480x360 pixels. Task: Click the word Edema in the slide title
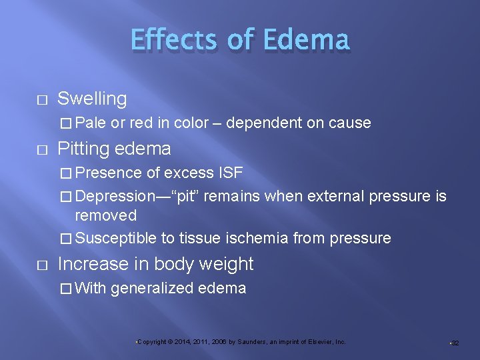pyautogui.click(x=306, y=39)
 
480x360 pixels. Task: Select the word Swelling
pyautogui.click(x=92, y=99)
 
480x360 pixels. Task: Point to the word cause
pyautogui.click(x=349, y=123)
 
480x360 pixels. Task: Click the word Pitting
pyautogui.click(x=84, y=149)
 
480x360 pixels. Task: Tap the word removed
pyautogui.click(x=105, y=215)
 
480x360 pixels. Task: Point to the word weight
pyautogui.click(x=229, y=265)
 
